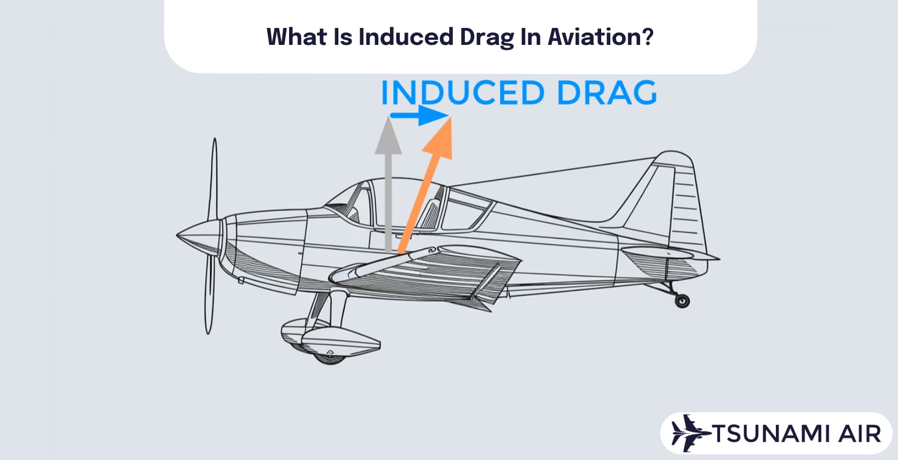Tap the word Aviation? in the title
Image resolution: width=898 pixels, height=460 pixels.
601,37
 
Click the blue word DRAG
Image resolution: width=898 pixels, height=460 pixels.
606,93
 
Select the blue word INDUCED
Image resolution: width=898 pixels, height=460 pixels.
462,93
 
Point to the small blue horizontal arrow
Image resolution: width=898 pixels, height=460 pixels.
419,116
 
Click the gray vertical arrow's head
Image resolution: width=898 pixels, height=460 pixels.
388,136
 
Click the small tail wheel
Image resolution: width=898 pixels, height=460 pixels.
682,300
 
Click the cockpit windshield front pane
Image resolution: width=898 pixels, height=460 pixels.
350,203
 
